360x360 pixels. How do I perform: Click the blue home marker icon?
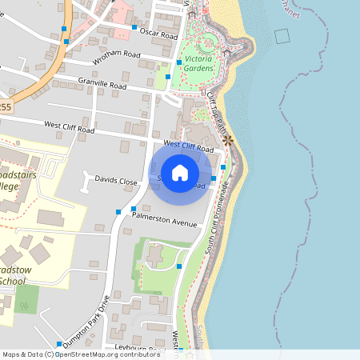click(x=180, y=173)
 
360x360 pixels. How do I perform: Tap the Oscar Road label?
click(x=158, y=35)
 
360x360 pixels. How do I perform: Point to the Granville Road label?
click(x=102, y=83)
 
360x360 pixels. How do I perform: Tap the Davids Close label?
click(x=116, y=181)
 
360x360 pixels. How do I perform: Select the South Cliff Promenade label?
click(x=216, y=220)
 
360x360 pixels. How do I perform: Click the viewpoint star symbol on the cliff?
click(x=229, y=140)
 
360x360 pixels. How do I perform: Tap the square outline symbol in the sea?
click(x=281, y=36)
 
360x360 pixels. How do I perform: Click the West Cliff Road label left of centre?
click(x=70, y=126)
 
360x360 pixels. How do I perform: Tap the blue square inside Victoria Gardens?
click(x=178, y=62)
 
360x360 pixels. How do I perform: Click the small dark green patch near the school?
click(x=26, y=299)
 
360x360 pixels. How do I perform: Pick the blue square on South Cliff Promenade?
click(x=223, y=166)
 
